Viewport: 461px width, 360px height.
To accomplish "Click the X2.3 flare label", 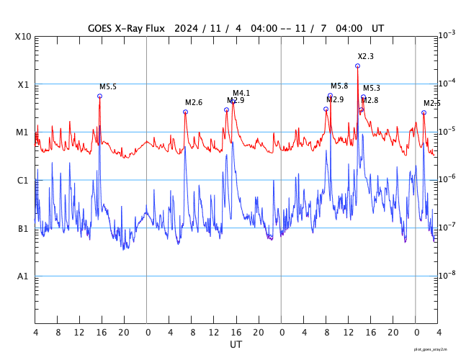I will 365,56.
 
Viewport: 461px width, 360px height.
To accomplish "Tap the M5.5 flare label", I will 108,87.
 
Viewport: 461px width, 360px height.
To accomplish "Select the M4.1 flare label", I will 241,94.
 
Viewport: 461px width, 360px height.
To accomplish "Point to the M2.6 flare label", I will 194,103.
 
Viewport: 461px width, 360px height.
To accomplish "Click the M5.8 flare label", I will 339,86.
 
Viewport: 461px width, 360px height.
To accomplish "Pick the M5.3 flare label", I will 372,89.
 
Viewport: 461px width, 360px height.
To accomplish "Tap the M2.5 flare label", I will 431,104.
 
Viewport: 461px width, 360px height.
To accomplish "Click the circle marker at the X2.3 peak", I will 357,66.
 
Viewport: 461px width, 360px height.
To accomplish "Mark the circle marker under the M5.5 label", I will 99,96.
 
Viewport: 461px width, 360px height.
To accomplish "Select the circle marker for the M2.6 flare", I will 185,112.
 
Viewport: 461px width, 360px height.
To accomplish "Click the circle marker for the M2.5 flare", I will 424,112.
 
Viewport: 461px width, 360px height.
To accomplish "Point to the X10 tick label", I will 24,37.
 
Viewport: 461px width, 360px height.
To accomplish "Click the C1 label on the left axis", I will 23,181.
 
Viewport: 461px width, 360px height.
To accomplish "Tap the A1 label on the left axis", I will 23,276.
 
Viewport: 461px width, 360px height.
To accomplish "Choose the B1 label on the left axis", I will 23,229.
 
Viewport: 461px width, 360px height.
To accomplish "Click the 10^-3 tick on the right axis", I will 447,35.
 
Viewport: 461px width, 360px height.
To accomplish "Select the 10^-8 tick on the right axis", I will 447,275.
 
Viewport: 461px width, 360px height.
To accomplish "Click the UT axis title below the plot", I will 236,345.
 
